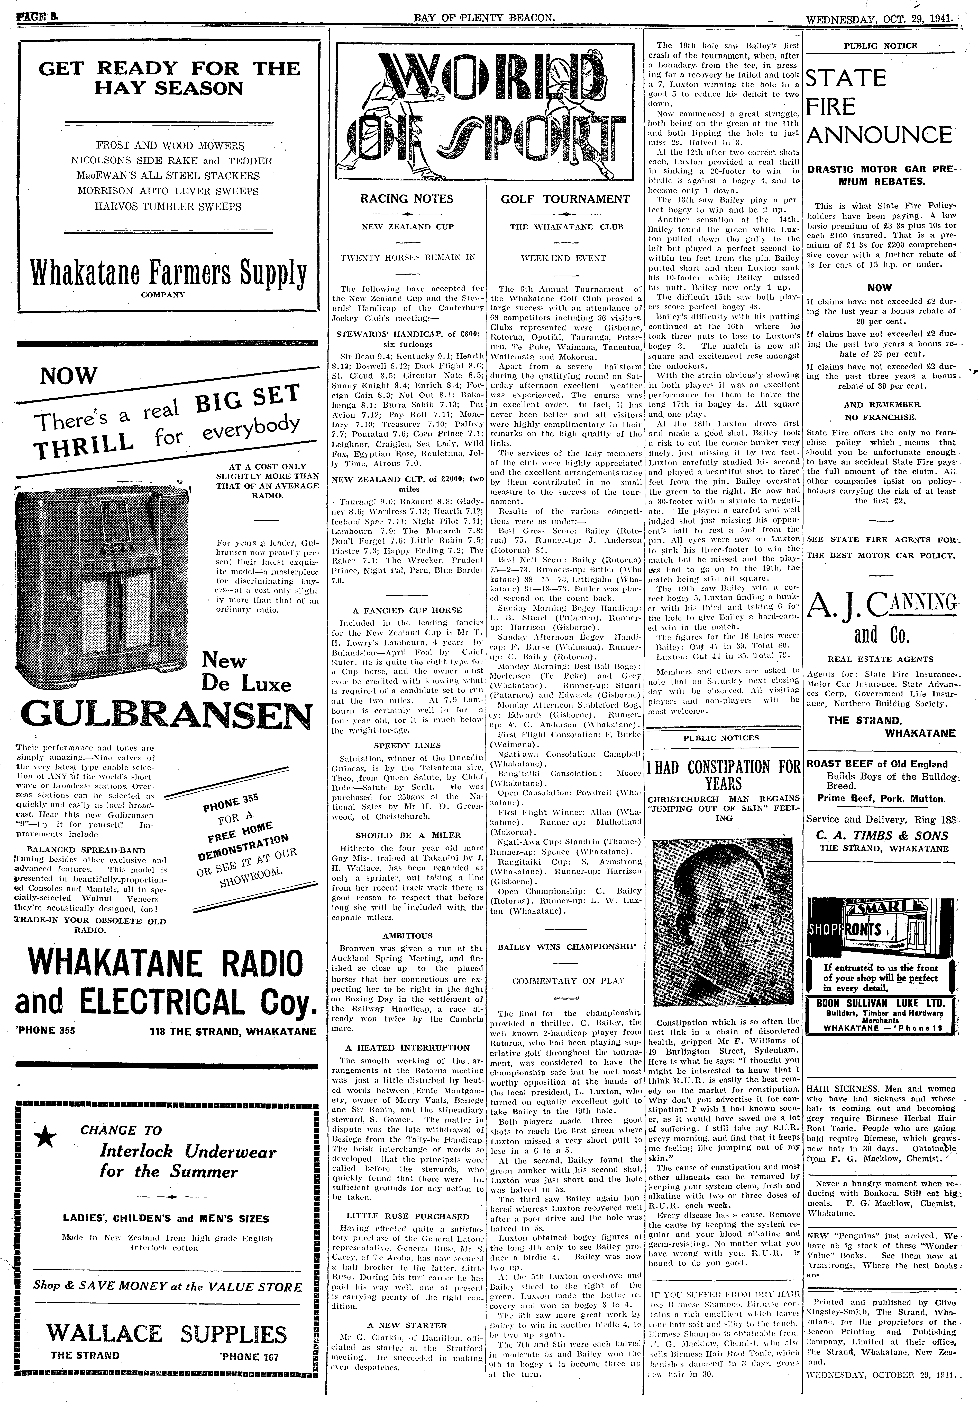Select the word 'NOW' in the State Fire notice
tap(879, 288)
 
